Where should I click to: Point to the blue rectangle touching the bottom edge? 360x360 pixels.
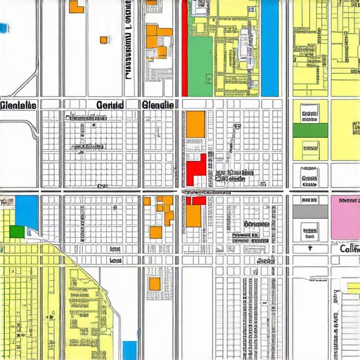point(129,349)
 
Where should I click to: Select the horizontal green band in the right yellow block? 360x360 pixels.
point(309,130)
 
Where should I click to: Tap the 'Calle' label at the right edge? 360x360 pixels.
point(347,249)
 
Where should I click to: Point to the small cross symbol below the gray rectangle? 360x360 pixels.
point(309,248)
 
